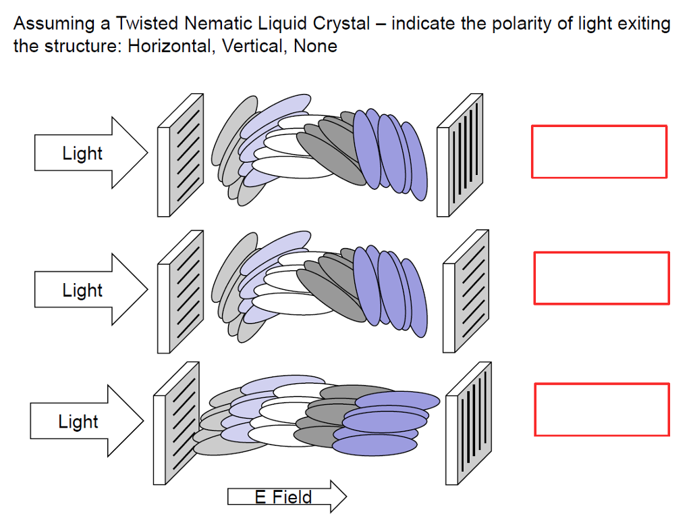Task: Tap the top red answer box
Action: click(x=599, y=152)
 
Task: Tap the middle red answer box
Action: click(x=601, y=278)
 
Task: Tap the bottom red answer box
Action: click(x=601, y=409)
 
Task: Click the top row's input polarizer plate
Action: click(x=180, y=155)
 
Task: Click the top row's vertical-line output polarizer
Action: click(x=460, y=155)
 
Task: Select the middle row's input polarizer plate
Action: click(x=180, y=291)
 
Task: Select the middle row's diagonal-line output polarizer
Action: click(x=466, y=291)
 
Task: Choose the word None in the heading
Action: click(x=315, y=47)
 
